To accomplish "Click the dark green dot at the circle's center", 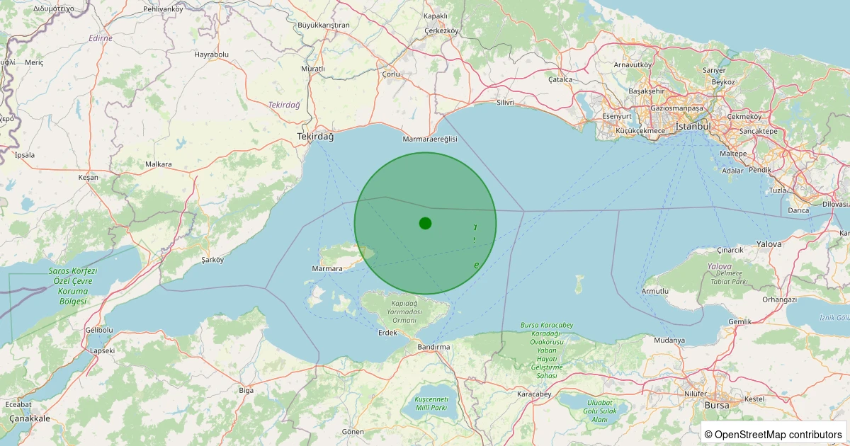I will (x=425, y=223).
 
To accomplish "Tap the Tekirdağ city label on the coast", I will (x=314, y=135).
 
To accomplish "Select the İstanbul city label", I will (x=693, y=126).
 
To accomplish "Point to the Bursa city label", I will (x=716, y=405).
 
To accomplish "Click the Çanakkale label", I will (x=30, y=418).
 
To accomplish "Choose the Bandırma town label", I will (x=434, y=347).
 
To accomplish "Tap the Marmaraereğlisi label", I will (x=430, y=139).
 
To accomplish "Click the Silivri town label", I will (x=505, y=103).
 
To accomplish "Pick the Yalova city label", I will (x=769, y=244).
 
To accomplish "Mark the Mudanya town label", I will (x=669, y=341).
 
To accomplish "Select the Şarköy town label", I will (x=212, y=260).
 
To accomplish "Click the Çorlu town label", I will (x=391, y=74).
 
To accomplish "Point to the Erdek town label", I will (x=387, y=332).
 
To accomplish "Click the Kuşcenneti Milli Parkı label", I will (x=430, y=404).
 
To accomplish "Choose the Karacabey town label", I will (x=534, y=394).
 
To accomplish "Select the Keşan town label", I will (x=89, y=177).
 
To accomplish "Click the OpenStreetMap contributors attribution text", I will (x=778, y=434).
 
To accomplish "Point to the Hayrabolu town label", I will (x=212, y=54).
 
